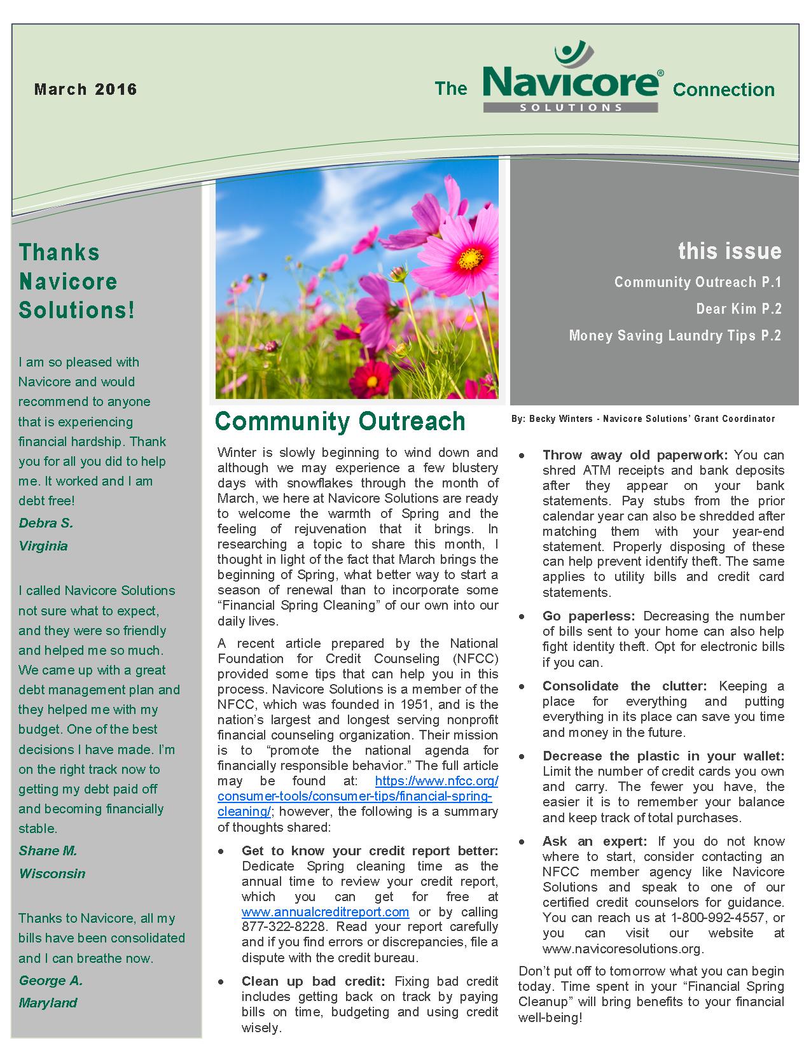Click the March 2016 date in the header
coord(86,89)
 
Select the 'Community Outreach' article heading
coord(340,421)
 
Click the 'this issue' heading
coord(730,251)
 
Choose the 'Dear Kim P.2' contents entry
coord(738,309)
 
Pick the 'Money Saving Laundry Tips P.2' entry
coord(675,336)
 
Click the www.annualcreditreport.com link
coord(325,912)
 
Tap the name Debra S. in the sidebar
coord(46,524)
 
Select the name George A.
coord(50,981)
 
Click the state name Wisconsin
coord(52,873)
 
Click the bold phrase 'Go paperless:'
coord(588,616)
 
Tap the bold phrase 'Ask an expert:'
coord(595,841)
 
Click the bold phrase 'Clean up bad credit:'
coord(314,981)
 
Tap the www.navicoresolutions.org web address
coord(623,948)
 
